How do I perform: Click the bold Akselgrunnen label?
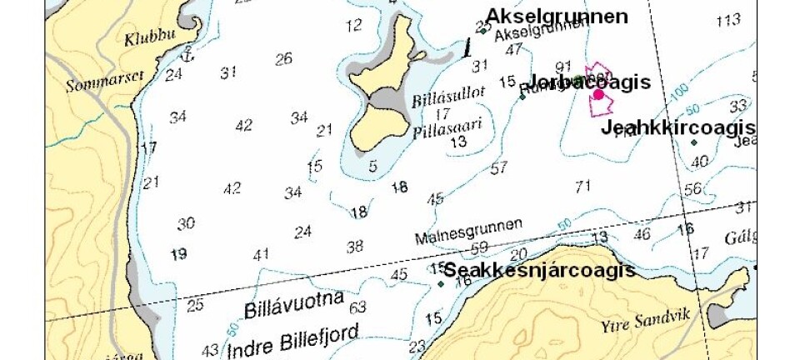557,16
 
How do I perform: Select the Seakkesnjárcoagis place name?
539,271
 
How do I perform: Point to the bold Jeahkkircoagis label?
677,127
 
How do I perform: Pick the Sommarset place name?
92,74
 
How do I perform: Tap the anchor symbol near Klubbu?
187,55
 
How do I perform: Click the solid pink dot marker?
598,95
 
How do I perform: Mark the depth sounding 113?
728,20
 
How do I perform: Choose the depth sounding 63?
357,307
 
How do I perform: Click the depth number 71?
582,185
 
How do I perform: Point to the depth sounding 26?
284,58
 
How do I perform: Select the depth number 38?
355,246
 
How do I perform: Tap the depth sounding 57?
499,168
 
